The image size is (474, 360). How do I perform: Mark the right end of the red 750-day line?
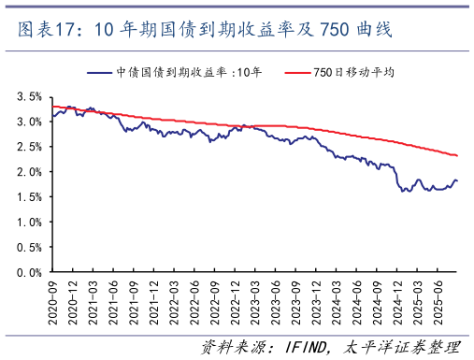pos(456,155)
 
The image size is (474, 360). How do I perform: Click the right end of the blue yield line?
pos(456,180)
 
